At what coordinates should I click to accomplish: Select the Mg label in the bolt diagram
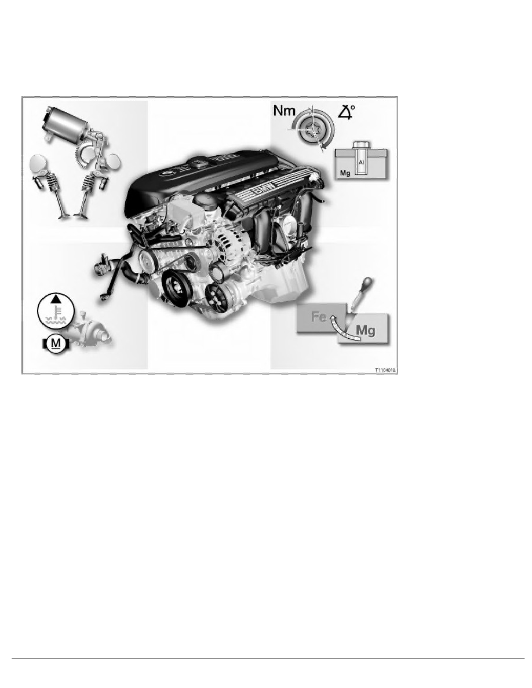[345, 173]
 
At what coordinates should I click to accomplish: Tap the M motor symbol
[56, 344]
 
